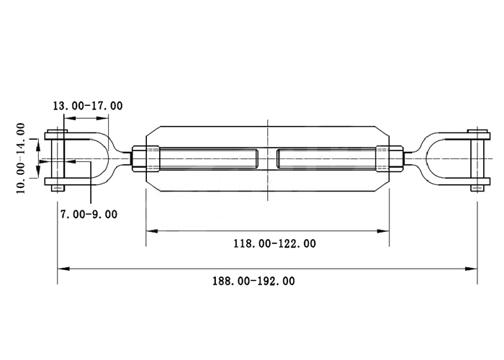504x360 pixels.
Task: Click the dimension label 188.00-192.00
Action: coord(253,282)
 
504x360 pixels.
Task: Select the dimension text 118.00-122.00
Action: coord(275,243)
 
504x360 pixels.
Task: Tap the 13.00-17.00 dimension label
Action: coord(88,106)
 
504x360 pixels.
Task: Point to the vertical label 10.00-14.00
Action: coord(21,158)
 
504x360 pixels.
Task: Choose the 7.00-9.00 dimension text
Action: coord(89,214)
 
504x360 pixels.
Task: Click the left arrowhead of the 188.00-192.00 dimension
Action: coord(63,269)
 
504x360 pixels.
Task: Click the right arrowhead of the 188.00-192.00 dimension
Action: coord(472,269)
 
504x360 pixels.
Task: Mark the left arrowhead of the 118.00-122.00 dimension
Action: coord(152,231)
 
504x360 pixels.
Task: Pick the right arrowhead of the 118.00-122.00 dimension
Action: coord(384,231)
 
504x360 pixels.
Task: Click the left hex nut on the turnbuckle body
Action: coord(145,159)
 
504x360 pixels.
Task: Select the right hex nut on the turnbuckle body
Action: coord(390,159)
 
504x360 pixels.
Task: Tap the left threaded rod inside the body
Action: coord(208,159)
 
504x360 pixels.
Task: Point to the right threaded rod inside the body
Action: coord(326,159)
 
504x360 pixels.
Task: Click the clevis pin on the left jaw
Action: coord(58,161)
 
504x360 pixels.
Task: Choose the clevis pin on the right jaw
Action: coord(478,161)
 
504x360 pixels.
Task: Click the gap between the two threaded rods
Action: coord(267,159)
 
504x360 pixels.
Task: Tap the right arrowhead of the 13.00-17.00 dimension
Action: coord(103,118)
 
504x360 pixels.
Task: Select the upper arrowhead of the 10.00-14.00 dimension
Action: coord(38,145)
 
